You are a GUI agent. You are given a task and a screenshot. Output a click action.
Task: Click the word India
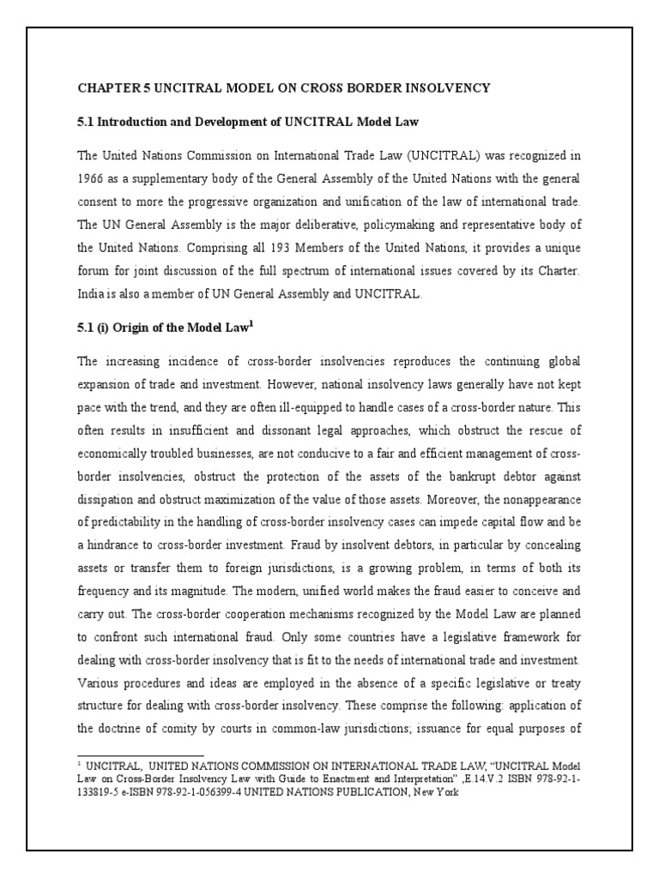[91, 294]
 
